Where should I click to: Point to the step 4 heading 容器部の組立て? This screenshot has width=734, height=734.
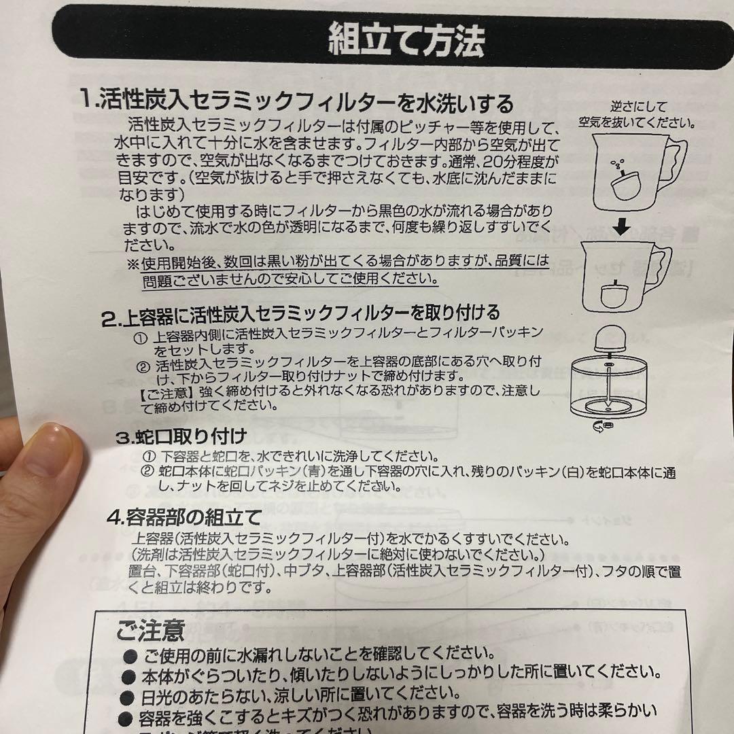click(183, 518)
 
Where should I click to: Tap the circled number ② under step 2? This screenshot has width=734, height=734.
click(142, 366)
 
